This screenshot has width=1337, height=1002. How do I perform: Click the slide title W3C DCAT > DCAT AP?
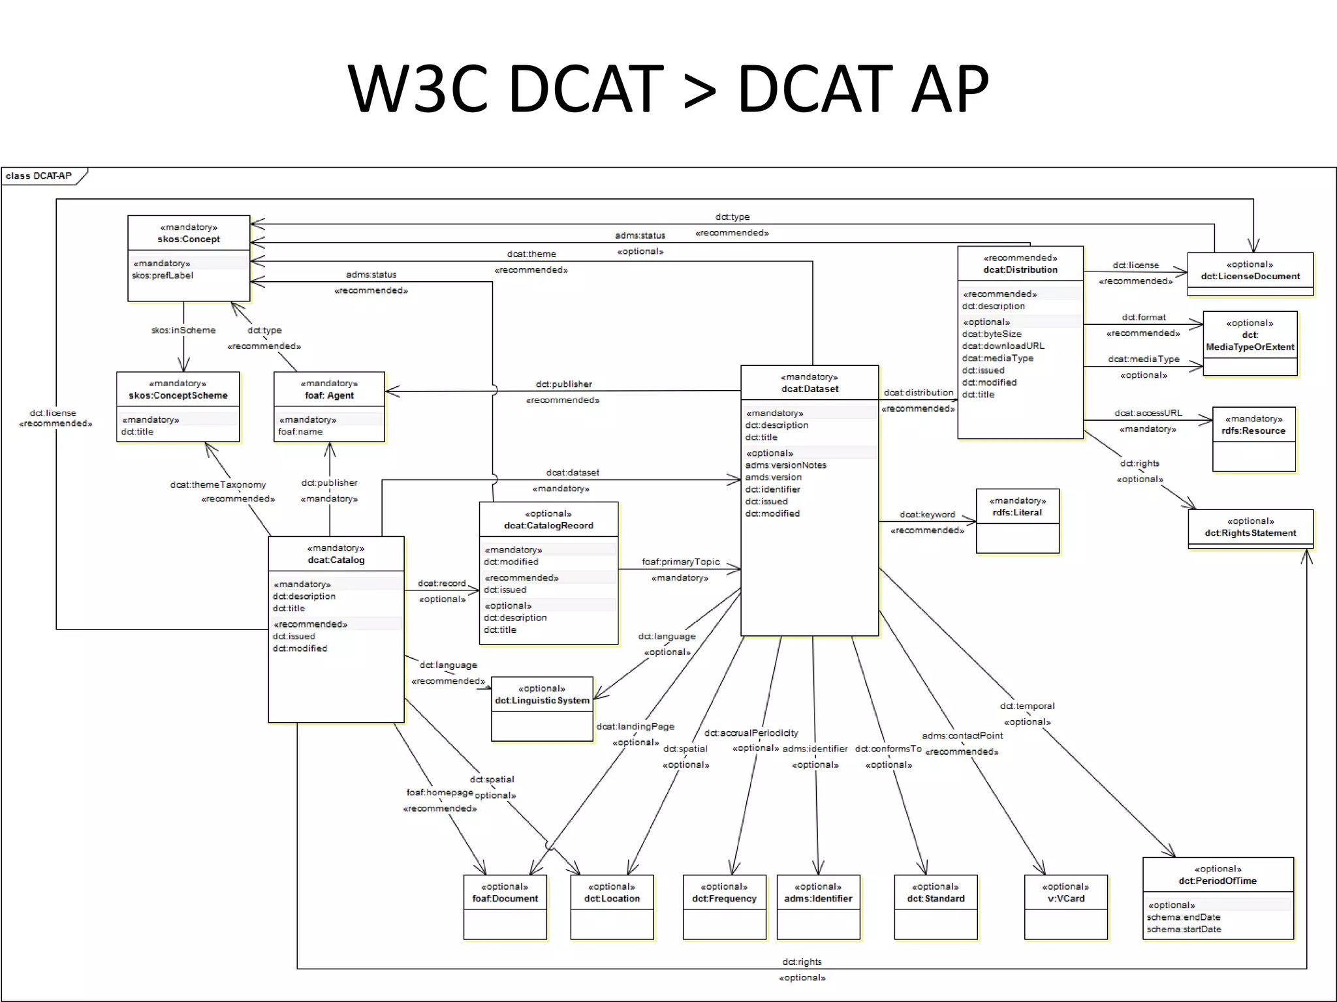tap(668, 88)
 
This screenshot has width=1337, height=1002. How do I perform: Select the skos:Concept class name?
tap(189, 239)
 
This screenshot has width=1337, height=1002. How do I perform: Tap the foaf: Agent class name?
tap(329, 395)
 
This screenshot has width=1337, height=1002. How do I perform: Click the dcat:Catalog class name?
tap(336, 560)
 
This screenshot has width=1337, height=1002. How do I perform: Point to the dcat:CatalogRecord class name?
tap(548, 526)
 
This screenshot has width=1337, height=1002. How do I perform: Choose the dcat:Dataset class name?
tap(810, 389)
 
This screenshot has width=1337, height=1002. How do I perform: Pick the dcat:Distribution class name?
tap(1020, 270)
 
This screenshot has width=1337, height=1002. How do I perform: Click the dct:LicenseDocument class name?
tap(1250, 277)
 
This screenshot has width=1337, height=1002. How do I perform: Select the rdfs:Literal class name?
tap(1017, 513)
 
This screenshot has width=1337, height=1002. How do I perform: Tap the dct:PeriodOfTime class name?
tap(1218, 881)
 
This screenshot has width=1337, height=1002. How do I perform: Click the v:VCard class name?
tap(1065, 899)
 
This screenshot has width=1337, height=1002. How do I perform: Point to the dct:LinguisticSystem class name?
tap(542, 701)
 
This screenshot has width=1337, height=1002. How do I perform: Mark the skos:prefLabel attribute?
tap(163, 275)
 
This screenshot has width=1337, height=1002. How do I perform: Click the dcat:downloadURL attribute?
tap(1003, 346)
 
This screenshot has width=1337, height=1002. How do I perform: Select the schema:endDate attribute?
tap(1183, 917)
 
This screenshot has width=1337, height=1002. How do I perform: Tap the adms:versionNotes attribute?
tap(785, 465)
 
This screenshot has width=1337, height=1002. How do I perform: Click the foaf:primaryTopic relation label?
tap(680, 562)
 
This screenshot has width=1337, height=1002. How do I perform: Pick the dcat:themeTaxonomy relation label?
tap(218, 485)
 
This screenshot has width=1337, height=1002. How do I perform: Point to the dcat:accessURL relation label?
tap(1148, 413)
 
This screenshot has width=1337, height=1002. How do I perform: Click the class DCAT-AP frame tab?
tap(39, 175)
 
